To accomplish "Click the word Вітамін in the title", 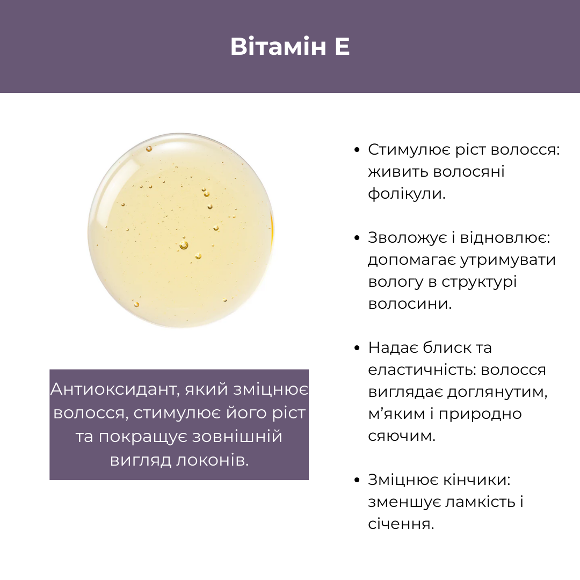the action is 278,46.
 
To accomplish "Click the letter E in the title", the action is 342,47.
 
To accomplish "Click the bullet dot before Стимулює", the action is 357,150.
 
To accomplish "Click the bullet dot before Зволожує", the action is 357,238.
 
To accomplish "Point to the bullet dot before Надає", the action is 357,347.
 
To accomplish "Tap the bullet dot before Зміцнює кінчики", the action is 357,480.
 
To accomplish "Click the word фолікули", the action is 407,194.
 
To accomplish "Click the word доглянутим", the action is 497,392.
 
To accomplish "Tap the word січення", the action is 401,524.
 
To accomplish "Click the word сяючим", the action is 402,436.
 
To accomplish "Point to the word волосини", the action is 410,303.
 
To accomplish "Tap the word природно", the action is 480,414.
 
